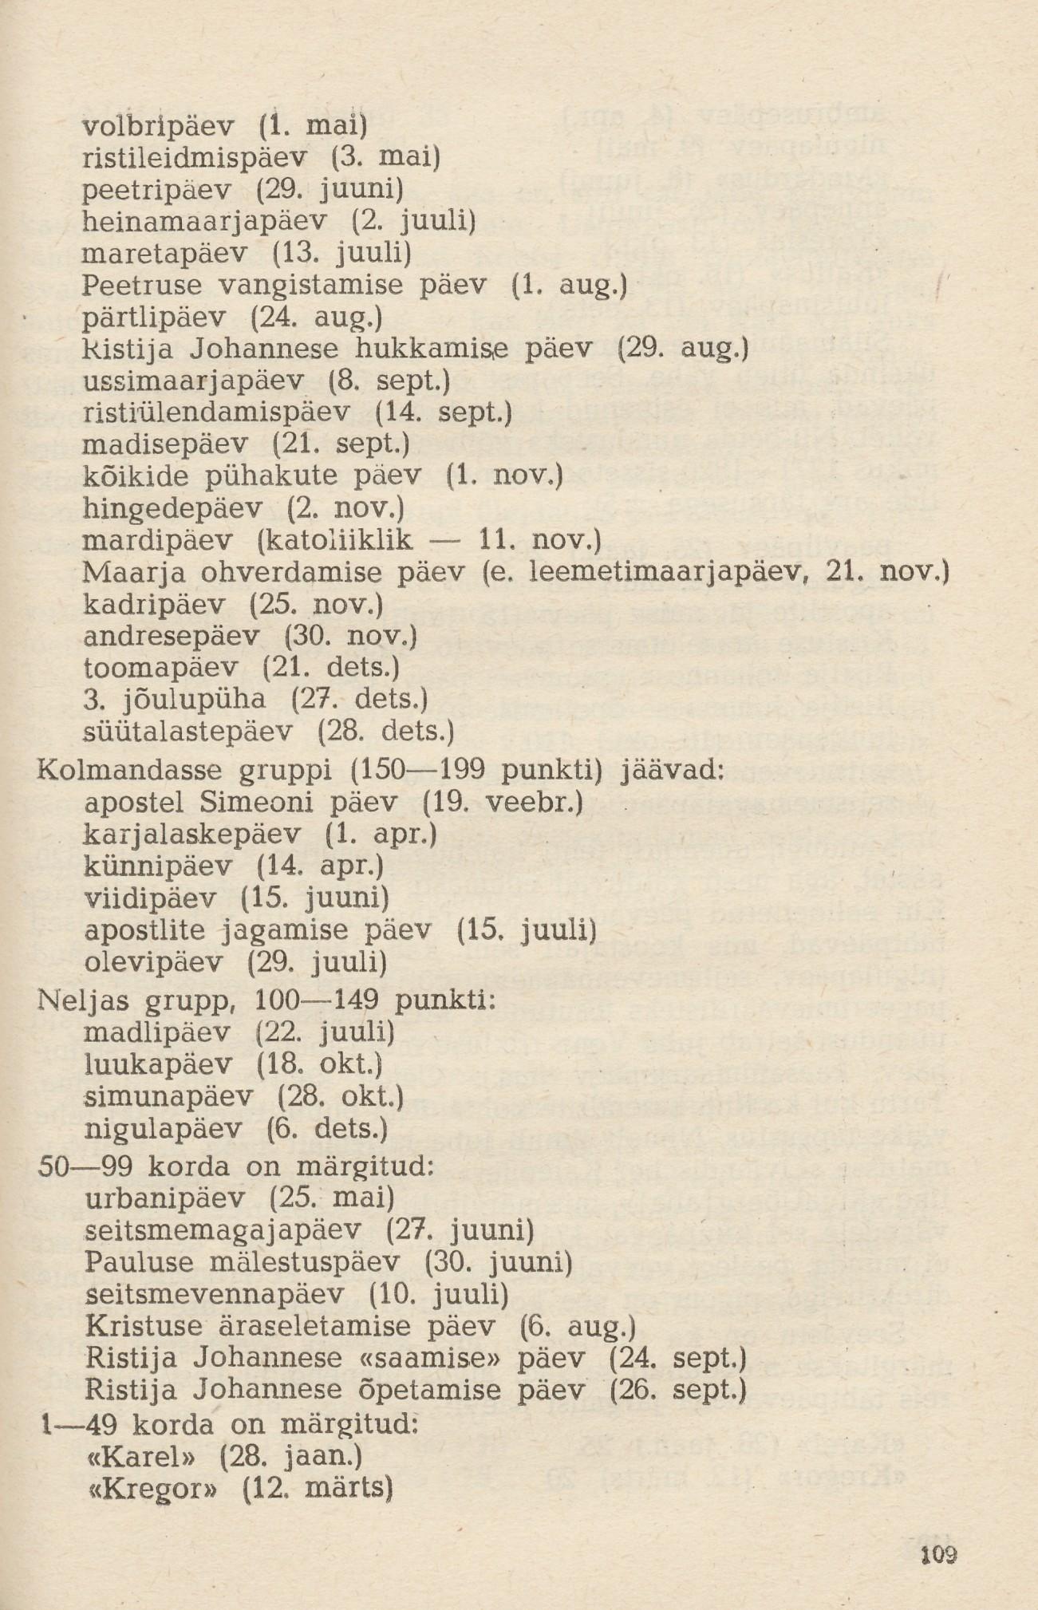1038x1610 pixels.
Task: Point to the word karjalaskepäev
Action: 192,835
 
